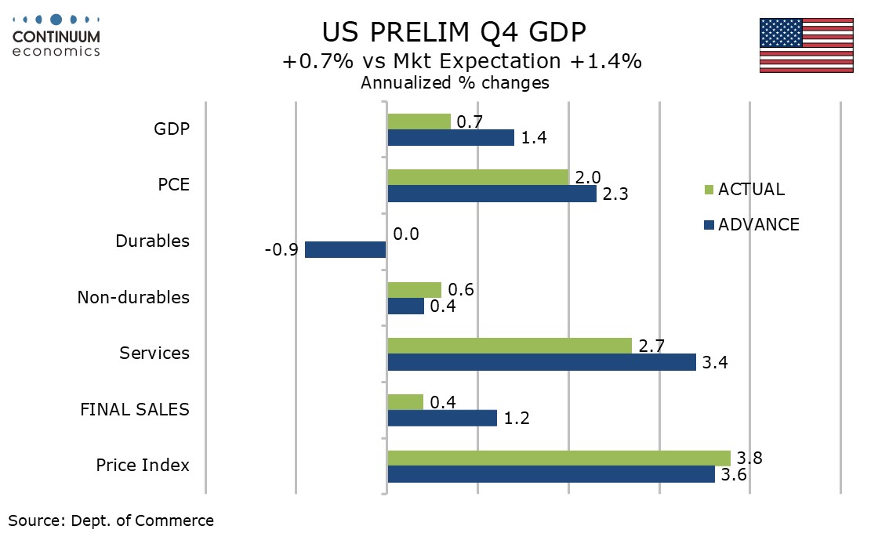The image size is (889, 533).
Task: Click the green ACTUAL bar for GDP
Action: coord(419,121)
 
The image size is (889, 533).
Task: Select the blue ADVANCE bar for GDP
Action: coord(451,138)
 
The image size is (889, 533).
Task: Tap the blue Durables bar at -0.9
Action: coord(346,250)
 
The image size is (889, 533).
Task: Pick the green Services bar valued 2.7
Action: coord(510,346)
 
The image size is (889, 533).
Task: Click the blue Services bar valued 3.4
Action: coord(542,362)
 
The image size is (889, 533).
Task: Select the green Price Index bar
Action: coord(559,458)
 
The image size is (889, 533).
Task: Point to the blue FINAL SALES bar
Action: coord(442,419)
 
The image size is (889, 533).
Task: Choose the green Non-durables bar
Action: coord(415,290)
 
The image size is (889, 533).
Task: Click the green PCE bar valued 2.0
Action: coord(478,177)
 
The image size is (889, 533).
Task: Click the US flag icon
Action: coord(806,45)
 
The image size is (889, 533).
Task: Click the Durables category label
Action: coord(152,241)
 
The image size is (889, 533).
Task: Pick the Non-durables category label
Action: coord(133,297)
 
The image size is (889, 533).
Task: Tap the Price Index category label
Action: coord(143,465)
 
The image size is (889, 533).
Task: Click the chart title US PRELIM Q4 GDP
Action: coord(454,32)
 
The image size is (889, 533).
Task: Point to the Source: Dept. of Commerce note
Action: coord(111,520)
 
